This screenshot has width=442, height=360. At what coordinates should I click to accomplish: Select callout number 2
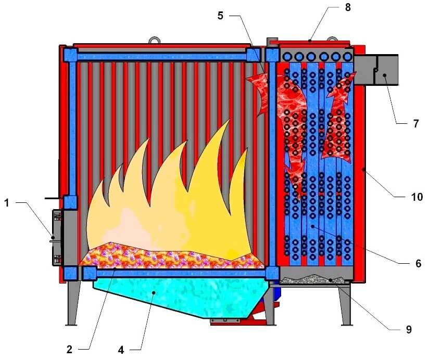pos(70,349)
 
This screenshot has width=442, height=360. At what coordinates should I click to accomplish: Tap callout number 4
pos(121,350)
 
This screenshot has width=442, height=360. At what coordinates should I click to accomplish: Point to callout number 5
pos(220,16)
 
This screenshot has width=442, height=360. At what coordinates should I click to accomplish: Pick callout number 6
pos(418,264)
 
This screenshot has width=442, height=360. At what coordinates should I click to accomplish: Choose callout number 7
pos(415,124)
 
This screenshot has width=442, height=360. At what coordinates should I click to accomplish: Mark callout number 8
pos(348,8)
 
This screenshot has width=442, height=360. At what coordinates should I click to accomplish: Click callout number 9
pos(409,329)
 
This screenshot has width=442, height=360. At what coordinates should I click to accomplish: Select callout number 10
pos(417,197)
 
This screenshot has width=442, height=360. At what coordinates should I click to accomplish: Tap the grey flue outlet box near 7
pos(379,70)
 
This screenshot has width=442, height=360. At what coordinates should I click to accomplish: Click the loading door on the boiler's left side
pos(57,238)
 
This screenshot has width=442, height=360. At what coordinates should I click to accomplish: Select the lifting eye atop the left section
pos(154,40)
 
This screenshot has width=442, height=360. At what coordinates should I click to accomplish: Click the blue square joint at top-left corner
pos(70,54)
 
